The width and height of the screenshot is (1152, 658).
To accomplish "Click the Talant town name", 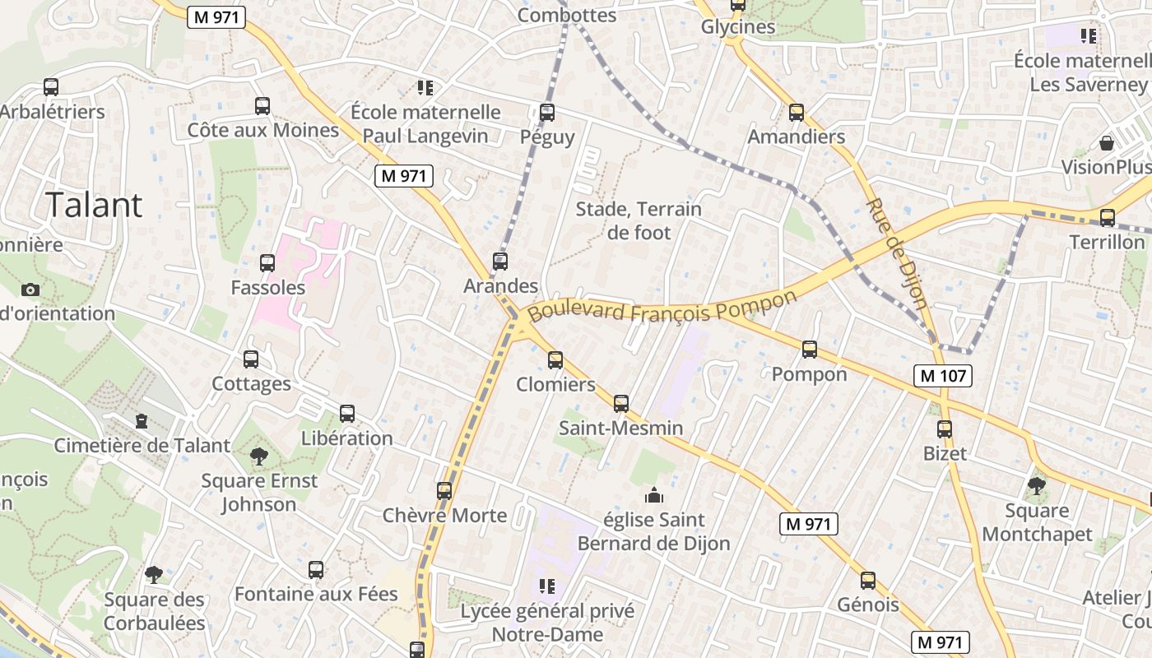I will coord(94,205).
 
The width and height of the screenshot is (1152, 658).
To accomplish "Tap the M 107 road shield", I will coord(943,376).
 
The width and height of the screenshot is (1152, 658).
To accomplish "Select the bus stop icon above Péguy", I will coord(547,113).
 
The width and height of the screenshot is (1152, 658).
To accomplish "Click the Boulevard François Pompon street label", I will coord(663,306).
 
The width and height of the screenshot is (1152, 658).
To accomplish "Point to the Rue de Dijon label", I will coord(897,253).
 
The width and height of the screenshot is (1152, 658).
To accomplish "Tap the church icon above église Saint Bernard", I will coord(654,495).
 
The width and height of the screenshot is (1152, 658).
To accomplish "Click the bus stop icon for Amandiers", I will coord(796,113).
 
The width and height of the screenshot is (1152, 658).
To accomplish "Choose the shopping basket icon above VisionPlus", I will coord(1107,143).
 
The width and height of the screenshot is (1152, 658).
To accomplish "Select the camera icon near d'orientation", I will coord(30,290).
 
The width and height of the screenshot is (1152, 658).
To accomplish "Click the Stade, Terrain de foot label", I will coord(639,220).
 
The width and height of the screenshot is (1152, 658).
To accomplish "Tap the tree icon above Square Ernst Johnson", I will coord(259,456).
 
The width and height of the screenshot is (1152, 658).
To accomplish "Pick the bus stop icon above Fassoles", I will coord(267,263).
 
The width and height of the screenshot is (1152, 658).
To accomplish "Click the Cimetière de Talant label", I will coord(142,445).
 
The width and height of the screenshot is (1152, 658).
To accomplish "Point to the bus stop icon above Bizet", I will coord(945,429).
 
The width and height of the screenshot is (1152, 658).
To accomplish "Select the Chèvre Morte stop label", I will coord(444,515).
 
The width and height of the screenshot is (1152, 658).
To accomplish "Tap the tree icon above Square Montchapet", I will coord(1037,486).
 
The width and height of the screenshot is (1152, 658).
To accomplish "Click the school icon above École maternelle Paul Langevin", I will coord(425,87).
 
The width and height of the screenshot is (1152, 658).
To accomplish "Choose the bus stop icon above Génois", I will coord(868,581).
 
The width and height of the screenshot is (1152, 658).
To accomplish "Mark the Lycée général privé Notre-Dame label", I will coord(547,623).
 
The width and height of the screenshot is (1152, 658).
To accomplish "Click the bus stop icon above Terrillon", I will coord(1108,218).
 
